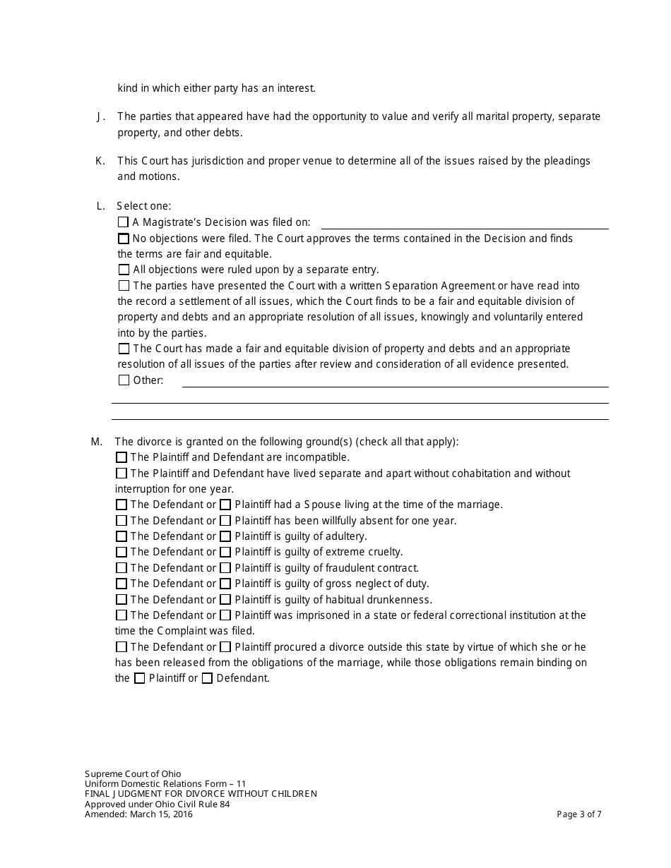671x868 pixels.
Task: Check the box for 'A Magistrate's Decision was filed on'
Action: click(124, 222)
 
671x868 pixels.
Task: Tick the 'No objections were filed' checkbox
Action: click(124, 239)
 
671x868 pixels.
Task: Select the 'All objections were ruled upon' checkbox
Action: click(124, 270)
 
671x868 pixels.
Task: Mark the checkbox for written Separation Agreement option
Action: click(124, 286)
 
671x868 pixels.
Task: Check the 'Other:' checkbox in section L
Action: click(124, 380)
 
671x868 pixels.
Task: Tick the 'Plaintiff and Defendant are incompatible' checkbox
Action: click(121, 457)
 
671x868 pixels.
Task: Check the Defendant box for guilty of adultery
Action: click(121, 536)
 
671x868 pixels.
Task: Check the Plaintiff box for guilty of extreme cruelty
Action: click(225, 552)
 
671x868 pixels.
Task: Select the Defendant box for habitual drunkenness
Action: click(121, 600)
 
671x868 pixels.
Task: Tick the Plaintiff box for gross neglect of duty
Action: click(225, 584)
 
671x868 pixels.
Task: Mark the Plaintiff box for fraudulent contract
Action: click(225, 568)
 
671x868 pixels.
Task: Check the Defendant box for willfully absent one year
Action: click(121, 521)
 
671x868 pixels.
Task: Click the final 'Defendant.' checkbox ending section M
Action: click(207, 679)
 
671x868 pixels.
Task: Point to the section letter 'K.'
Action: click(100, 161)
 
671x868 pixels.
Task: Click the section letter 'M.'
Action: click(97, 442)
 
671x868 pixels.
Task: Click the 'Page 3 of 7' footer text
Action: click(579, 814)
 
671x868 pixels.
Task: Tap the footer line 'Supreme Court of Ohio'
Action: click(133, 774)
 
